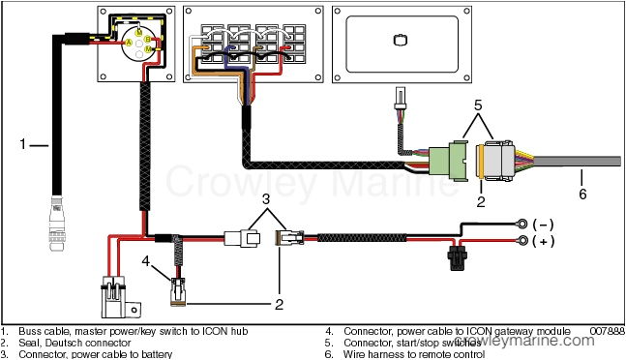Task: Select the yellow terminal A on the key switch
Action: [126, 43]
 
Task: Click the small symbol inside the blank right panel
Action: [400, 42]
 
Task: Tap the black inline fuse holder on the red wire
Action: [454, 260]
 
